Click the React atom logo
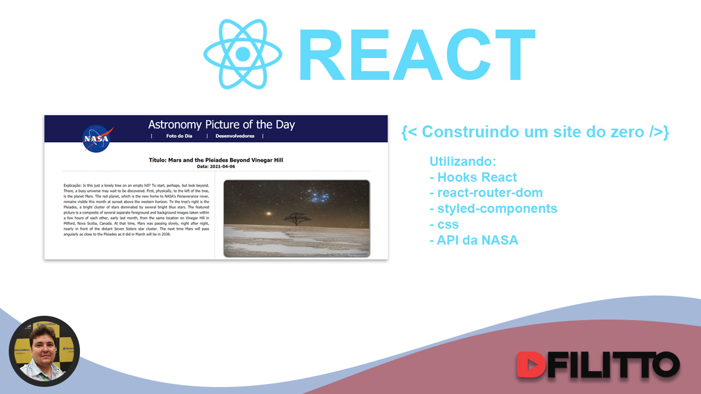[x=243, y=54]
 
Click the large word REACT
[x=416, y=55]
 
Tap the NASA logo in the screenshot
[x=97, y=138]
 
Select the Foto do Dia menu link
[x=179, y=136]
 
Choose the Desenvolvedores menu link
[x=235, y=136]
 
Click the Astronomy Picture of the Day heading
[x=221, y=124]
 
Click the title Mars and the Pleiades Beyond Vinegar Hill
[x=216, y=160]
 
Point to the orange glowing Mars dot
[x=268, y=213]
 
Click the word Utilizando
[x=463, y=161]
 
